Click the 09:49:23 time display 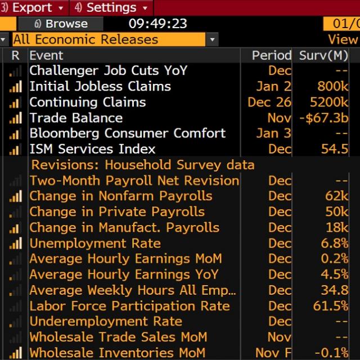click(x=157, y=24)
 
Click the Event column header click(x=46, y=55)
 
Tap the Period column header click(x=271, y=55)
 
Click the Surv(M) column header click(x=323, y=55)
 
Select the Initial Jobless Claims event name click(x=100, y=86)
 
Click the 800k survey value click(x=333, y=86)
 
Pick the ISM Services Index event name click(x=92, y=149)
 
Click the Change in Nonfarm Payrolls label click(x=121, y=196)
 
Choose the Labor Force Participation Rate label click(x=129, y=306)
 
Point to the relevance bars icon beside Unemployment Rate click(x=16, y=244)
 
